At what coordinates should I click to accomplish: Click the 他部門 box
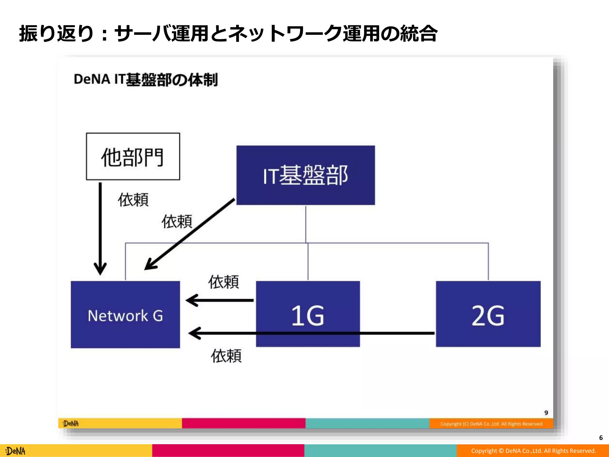coord(133,156)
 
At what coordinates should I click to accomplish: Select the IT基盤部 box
coord(305,175)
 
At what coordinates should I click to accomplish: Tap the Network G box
coord(125,314)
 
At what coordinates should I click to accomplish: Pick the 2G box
coord(488,314)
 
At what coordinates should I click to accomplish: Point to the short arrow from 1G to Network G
coord(220,301)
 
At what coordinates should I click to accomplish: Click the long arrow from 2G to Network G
coord(312,333)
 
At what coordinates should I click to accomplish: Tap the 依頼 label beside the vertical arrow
coord(133,200)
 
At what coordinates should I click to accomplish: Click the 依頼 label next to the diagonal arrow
coord(177,222)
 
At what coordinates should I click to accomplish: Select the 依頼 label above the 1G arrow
coord(224,282)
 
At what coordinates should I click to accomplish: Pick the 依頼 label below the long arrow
coord(226,356)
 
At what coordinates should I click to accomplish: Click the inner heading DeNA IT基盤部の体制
coord(146,80)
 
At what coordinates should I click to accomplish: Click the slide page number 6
coord(601,438)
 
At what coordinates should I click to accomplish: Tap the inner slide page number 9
coord(546,413)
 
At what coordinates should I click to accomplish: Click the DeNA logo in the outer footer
coord(16,451)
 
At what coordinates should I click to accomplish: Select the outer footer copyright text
coord(533,451)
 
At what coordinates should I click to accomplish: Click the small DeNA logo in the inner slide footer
coord(71,423)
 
